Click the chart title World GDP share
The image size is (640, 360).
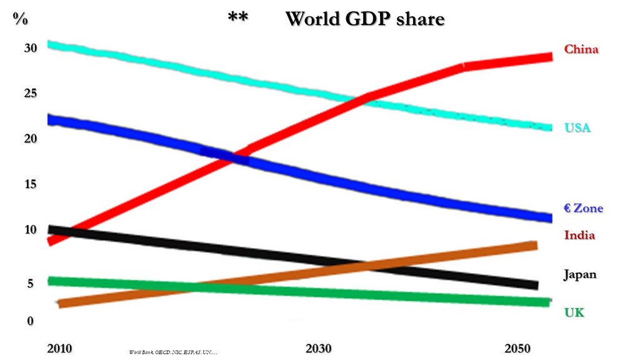[x=364, y=19]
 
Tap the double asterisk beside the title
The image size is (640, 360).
[x=237, y=18]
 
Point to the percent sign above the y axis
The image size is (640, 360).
[x=21, y=19]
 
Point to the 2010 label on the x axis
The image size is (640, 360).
[x=59, y=348]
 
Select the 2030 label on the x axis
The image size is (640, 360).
[x=319, y=348]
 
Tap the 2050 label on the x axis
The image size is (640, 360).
[x=518, y=348]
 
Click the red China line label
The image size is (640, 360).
[x=581, y=49]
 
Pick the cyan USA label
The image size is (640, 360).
[x=577, y=129]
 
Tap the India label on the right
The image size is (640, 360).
[x=579, y=236]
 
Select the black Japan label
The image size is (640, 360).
[x=580, y=274]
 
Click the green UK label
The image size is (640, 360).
[x=574, y=312]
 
